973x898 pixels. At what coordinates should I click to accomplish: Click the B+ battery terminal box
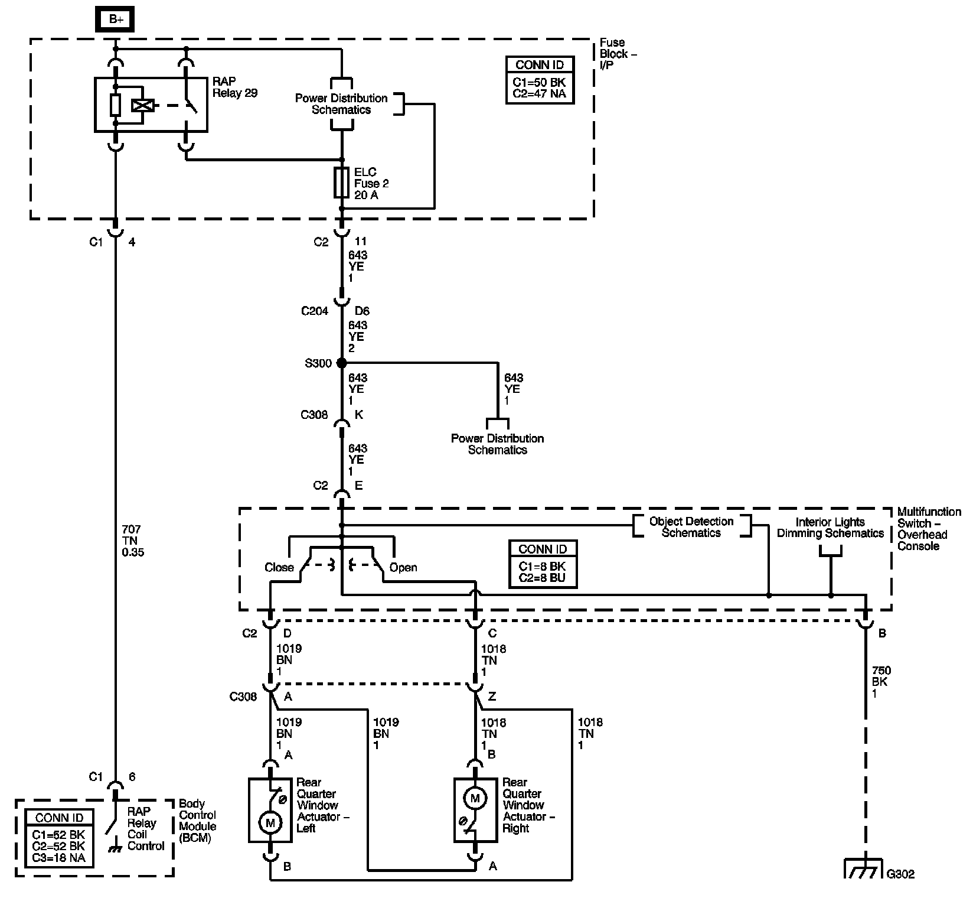tap(116, 19)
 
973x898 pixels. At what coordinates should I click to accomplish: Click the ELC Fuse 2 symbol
tap(342, 182)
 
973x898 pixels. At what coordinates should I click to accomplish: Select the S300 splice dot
tap(341, 363)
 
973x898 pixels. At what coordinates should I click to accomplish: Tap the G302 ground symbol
tap(865, 868)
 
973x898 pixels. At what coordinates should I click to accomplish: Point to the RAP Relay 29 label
tap(235, 87)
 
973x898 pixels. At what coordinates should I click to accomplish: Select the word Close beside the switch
tap(279, 567)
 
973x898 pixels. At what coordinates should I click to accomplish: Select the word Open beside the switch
tap(403, 567)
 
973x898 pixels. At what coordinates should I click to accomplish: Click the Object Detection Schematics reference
tap(691, 527)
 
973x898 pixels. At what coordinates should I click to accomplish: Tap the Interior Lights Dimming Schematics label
tap(830, 528)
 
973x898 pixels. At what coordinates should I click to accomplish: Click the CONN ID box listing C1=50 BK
tap(540, 80)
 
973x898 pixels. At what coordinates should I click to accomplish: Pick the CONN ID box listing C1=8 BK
tap(543, 564)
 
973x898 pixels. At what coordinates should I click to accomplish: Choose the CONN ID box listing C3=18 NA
tap(60, 838)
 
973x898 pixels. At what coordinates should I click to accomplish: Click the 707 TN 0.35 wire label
tap(132, 541)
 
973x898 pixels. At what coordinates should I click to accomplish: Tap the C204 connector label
tap(314, 311)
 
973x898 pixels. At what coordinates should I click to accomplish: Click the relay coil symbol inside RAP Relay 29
tap(142, 106)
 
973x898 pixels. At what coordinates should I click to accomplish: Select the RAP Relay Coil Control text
tap(146, 829)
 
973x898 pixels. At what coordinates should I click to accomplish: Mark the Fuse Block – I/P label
tap(618, 54)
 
